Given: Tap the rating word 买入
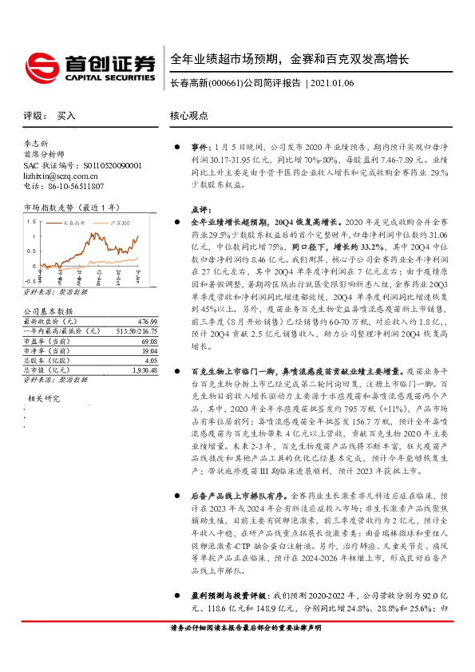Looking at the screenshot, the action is (x=66, y=116).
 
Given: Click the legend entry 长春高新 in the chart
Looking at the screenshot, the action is (x=76, y=224).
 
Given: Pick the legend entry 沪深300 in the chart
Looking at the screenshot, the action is (x=120, y=224).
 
